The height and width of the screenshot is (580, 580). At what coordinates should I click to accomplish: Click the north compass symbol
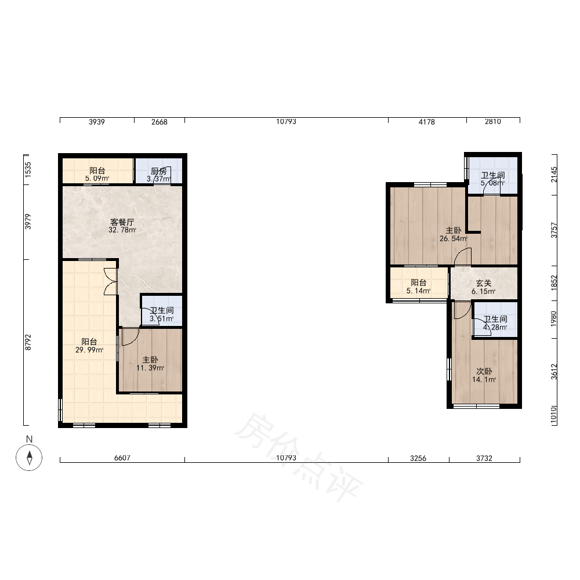click(x=29, y=457)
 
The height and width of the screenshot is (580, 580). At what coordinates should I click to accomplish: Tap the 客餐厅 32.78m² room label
click(x=122, y=226)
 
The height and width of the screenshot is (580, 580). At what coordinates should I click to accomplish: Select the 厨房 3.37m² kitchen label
click(x=159, y=175)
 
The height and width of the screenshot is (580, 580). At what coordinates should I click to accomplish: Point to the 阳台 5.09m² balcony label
click(x=97, y=175)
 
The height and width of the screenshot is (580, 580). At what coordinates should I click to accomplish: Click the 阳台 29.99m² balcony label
click(x=89, y=346)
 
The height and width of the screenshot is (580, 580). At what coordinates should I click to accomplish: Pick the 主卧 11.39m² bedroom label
click(x=150, y=364)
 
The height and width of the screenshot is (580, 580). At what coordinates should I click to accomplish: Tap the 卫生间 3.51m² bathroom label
click(x=162, y=314)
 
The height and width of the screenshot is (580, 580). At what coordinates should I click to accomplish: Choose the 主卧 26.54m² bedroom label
click(x=454, y=234)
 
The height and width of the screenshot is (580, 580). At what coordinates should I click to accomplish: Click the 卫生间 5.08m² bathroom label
click(x=492, y=179)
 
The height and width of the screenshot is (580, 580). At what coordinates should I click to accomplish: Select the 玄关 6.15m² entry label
click(x=484, y=287)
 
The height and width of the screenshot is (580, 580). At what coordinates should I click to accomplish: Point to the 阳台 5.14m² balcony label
click(x=418, y=287)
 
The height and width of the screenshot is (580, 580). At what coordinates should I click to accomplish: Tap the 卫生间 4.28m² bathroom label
click(x=495, y=323)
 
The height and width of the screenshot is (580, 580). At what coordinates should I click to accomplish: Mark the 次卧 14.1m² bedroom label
click(x=484, y=375)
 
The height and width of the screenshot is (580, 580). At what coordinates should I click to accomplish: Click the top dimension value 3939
click(x=96, y=122)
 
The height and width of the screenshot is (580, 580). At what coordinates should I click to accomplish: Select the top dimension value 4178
click(x=426, y=122)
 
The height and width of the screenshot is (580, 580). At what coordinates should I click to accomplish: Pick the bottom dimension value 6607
click(x=122, y=458)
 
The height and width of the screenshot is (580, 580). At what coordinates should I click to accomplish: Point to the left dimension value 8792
click(x=28, y=342)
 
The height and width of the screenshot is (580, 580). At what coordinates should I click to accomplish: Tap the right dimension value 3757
click(x=554, y=230)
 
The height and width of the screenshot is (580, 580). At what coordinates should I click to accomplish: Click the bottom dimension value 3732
click(x=484, y=458)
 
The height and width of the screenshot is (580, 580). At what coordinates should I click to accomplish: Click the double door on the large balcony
click(x=111, y=281)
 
